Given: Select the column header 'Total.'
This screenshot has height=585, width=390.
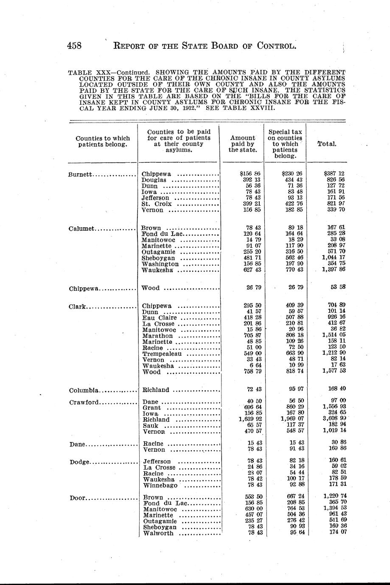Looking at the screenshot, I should (x=327, y=144).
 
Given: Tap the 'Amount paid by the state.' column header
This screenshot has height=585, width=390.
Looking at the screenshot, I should (x=243, y=144).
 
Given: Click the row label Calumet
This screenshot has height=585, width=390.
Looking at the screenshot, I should (x=82, y=229).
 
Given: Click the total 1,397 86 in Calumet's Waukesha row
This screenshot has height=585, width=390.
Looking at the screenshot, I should (x=333, y=270).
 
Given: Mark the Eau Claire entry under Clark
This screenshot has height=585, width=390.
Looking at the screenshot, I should (x=160, y=318).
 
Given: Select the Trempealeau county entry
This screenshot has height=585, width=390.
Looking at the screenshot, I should (x=162, y=354).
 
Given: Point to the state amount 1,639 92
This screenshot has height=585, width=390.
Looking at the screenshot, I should (x=250, y=420).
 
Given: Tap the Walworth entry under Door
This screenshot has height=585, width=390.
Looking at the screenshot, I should (x=158, y=533).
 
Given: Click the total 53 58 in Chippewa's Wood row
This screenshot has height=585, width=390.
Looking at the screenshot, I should (x=338, y=287).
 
